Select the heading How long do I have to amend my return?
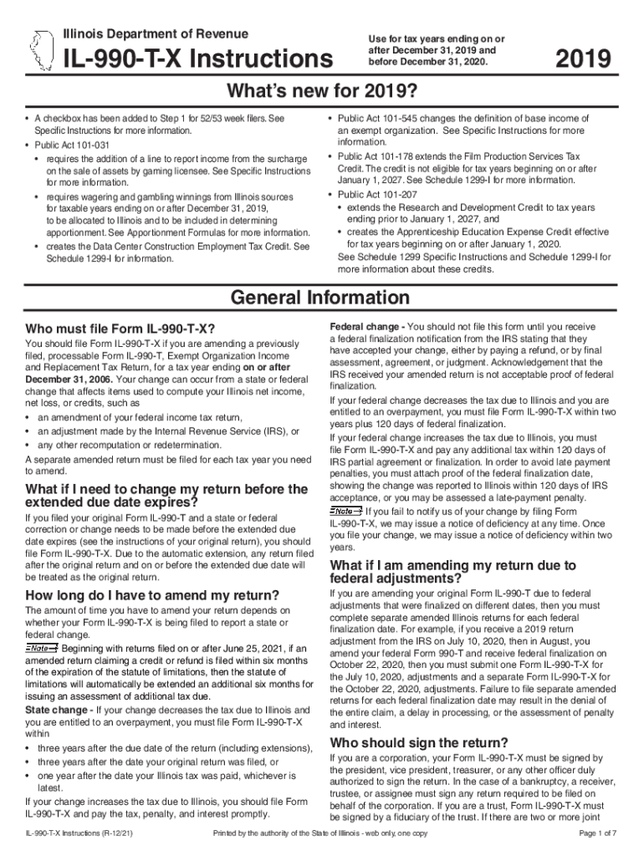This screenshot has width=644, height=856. [x=153, y=595]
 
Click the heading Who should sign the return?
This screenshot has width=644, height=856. [x=419, y=742]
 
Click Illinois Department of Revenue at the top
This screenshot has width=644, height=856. [x=156, y=33]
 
